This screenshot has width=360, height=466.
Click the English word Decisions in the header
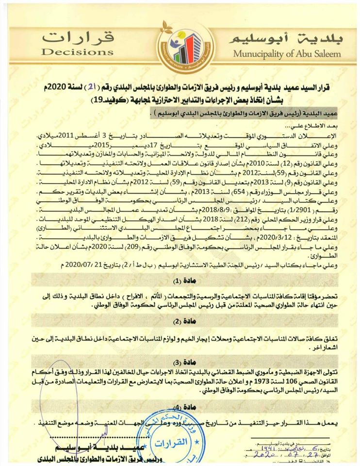pos(78,52)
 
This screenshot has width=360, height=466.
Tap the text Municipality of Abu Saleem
pos(287,53)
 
